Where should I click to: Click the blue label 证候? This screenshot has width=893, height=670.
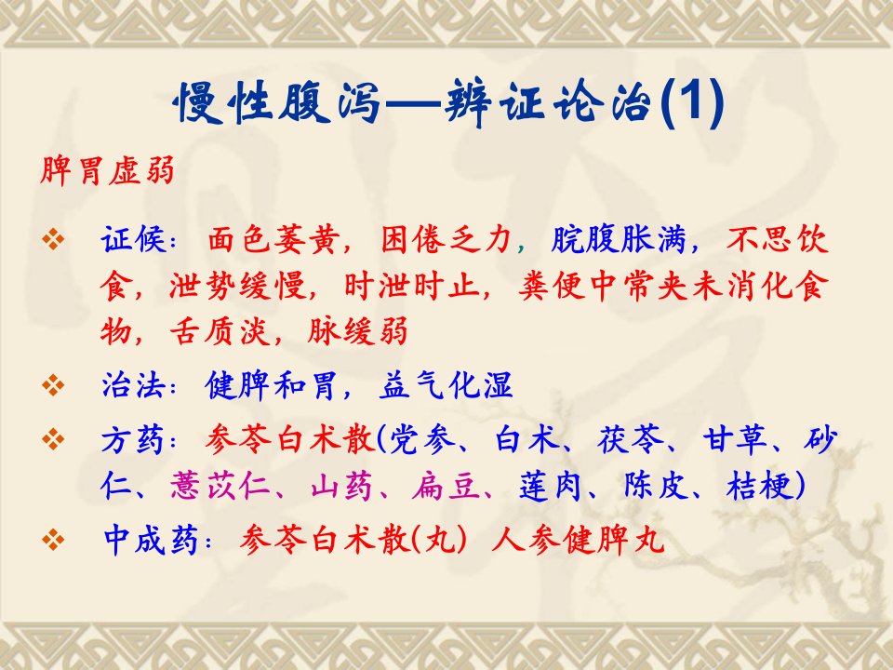[134, 239]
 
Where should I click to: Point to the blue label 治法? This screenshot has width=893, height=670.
[134, 385]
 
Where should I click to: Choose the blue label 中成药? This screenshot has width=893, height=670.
[151, 539]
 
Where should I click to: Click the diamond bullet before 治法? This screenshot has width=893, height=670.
[53, 385]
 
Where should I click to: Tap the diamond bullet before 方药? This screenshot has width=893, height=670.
[53, 439]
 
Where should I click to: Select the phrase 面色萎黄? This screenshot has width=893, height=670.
[273, 239]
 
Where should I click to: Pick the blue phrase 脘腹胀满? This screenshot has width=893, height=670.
[618, 239]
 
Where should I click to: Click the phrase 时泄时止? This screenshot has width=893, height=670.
[411, 285]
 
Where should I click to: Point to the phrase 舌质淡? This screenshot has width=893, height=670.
[220, 330]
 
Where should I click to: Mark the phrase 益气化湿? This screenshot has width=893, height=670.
[446, 385]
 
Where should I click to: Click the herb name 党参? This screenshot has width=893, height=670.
[422, 440]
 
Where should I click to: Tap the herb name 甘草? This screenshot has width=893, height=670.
[735, 440]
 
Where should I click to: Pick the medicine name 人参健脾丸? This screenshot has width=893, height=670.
[578, 539]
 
